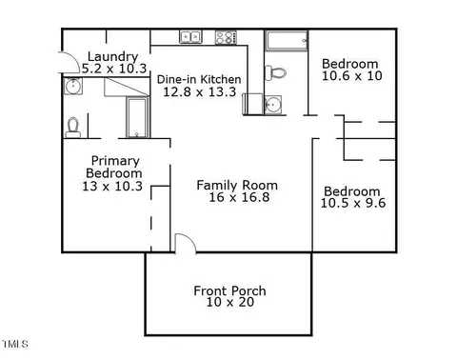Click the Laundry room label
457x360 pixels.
(x=112, y=57)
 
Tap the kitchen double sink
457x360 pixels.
(x=191, y=37)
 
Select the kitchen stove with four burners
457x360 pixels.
(x=226, y=37)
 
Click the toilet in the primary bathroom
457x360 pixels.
(x=73, y=128)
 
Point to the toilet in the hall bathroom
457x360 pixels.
(x=275, y=72)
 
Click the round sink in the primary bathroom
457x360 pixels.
(x=73, y=86)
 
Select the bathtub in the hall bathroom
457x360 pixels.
(x=287, y=41)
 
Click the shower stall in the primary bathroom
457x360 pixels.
(x=137, y=117)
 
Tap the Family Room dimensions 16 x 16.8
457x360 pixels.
(x=239, y=197)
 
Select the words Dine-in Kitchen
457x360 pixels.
(x=199, y=79)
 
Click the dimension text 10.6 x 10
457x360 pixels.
(x=352, y=76)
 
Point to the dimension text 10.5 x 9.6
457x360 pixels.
(x=353, y=203)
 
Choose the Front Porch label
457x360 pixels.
(x=229, y=290)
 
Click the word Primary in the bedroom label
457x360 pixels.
(x=115, y=161)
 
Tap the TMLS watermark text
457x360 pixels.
(x=15, y=344)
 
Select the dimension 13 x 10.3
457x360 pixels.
(x=112, y=187)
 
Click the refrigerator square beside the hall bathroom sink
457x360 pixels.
(x=253, y=104)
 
